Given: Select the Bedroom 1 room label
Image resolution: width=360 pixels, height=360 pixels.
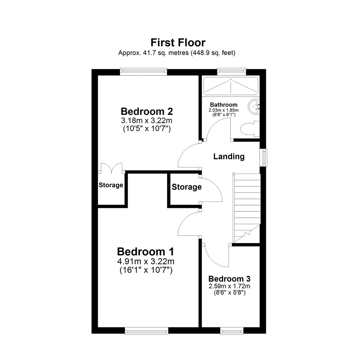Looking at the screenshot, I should (x=146, y=252).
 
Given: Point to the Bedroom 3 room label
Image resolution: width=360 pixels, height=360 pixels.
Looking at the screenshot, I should (x=229, y=279).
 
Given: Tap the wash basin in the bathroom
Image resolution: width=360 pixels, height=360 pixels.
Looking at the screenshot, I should (x=254, y=107).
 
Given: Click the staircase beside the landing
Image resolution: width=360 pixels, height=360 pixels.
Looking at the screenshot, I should (x=247, y=207).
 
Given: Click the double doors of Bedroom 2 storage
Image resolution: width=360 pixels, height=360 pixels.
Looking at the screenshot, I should (x=112, y=168).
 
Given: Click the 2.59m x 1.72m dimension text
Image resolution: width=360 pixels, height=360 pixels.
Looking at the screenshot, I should (x=229, y=286).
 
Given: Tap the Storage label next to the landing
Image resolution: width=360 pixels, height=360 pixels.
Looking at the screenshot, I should (x=187, y=187).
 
